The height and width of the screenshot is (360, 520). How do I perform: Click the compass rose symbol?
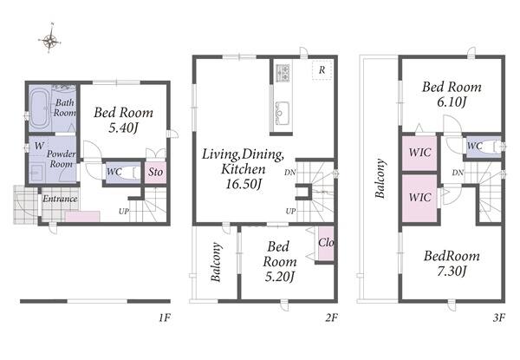(x=49, y=39)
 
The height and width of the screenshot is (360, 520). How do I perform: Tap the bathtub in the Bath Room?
(x=39, y=108)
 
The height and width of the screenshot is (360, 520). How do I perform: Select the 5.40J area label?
(x=123, y=128)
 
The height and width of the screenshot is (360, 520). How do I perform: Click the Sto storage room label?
(x=155, y=172)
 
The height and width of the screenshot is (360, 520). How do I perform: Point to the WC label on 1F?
(x=114, y=172)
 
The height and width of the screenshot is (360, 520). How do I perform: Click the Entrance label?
(x=60, y=199)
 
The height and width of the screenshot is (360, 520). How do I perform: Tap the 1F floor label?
(x=164, y=317)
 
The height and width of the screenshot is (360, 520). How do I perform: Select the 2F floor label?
(x=331, y=317)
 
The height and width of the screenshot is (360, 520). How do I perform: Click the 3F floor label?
(x=499, y=317)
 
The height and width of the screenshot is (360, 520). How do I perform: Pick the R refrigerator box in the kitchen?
(x=322, y=70)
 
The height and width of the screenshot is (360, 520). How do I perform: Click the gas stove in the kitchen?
(x=283, y=73)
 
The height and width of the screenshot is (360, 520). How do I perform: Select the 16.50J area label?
(x=244, y=184)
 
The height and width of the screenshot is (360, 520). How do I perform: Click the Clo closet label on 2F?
(x=326, y=243)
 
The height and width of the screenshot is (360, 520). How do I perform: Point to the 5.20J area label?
(x=280, y=277)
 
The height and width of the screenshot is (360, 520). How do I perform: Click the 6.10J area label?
(x=452, y=101)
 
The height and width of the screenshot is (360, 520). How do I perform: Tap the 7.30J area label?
(x=452, y=272)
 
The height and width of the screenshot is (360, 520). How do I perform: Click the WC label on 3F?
(x=475, y=146)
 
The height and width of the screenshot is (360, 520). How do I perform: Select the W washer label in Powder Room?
(x=39, y=146)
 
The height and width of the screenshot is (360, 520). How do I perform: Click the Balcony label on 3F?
(x=380, y=179)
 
